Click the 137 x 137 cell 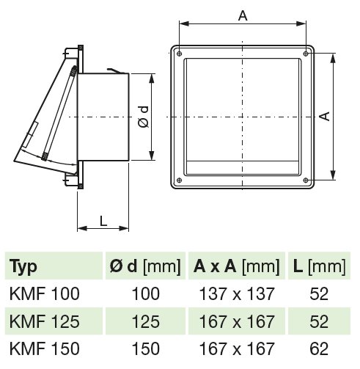click(x=237, y=294)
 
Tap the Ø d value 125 click(x=144, y=321)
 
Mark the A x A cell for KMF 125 click(x=237, y=321)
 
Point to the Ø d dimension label click(x=143, y=117)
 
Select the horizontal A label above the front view click(x=242, y=14)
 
